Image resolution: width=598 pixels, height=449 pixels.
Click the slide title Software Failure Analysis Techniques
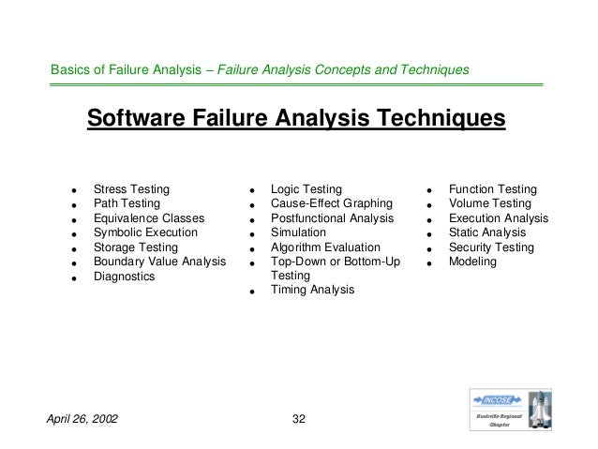[296, 120]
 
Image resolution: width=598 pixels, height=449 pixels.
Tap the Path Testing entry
[127, 203]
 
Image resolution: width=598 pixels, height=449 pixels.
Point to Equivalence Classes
[149, 218]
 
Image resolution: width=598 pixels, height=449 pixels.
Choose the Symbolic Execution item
[145, 232]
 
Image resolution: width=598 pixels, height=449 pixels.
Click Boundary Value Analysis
[159, 262]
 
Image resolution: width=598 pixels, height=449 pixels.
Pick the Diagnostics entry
[124, 277]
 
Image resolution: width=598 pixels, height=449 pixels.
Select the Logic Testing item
[306, 188]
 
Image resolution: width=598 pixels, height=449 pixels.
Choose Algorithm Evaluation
[324, 247]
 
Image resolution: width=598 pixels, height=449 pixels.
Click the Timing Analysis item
[312, 291]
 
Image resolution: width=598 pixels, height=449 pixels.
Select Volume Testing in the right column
[489, 203]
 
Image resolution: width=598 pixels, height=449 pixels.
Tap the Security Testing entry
[491, 247]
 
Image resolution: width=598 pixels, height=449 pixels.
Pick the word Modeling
[472, 262]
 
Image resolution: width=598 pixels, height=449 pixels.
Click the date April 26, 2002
[82, 417]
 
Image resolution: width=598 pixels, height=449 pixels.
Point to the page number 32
[300, 417]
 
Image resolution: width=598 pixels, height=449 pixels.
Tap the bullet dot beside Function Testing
[428, 190]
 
